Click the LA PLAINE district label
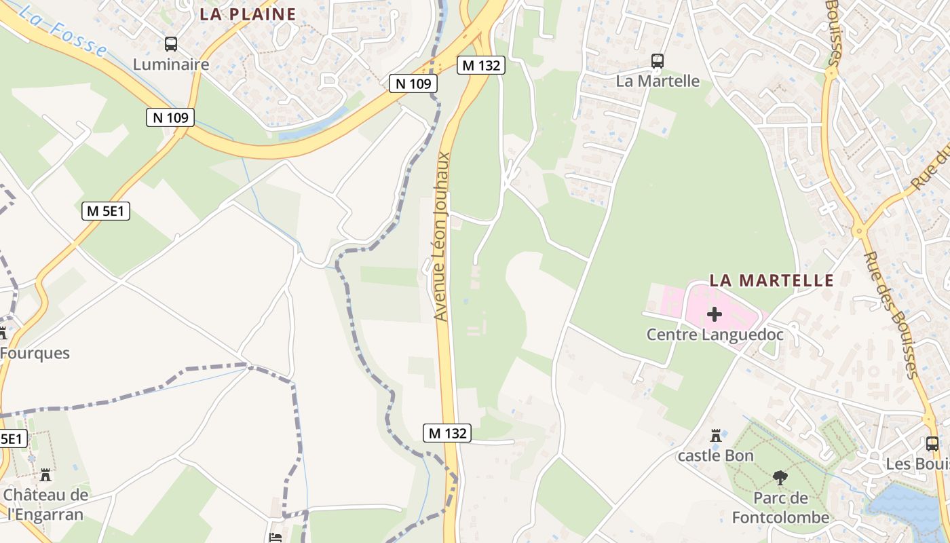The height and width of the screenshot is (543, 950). pos(248,14)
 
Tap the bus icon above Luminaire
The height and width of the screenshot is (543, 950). pos(171,44)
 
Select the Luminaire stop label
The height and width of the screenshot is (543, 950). pos(171,64)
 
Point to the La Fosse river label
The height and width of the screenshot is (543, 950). pos(64,31)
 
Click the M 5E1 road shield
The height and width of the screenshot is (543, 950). pos(106,211)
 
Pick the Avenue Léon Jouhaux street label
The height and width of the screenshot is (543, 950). pos(442,236)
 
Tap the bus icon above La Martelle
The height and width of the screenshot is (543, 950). pos(657,61)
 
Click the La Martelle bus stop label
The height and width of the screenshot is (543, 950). pos(657,81)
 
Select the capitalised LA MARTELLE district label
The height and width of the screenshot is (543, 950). pos(771,280)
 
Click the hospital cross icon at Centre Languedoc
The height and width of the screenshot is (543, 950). pos(714,314)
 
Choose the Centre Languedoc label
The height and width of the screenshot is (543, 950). pos(715,335)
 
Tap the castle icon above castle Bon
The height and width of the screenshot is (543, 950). pos(715,435)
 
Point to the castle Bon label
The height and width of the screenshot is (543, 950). pos(715,455)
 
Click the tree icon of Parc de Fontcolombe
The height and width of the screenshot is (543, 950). pos(780,478)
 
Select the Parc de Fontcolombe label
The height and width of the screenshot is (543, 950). pos(780,508)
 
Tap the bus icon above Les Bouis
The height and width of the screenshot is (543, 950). pos(932,444)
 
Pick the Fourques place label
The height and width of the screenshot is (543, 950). pos(35,353)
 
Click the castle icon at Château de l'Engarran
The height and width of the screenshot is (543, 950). pos(45,474)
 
